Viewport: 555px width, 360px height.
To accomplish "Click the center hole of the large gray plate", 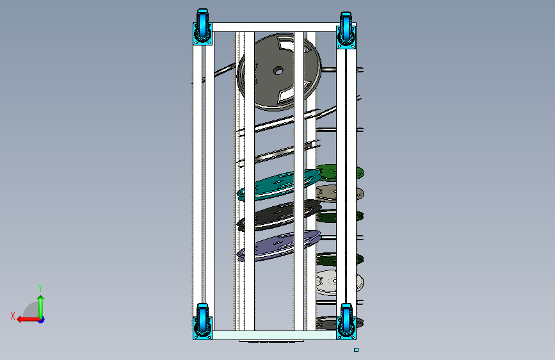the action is pos(278,71).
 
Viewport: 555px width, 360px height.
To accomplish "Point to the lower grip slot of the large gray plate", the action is pos(286,95).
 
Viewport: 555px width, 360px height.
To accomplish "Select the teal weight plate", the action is pos(279,184).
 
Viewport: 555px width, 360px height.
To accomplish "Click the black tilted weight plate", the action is pos(279,215).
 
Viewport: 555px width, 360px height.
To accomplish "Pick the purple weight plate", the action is pos(279,245).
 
